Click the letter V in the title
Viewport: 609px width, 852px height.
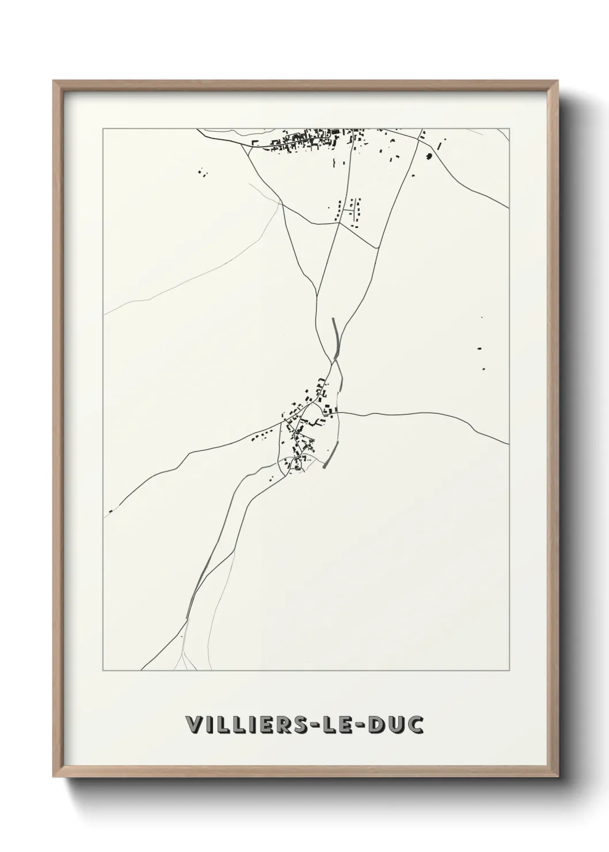[193, 725]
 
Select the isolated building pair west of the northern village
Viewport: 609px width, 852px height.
[202, 172]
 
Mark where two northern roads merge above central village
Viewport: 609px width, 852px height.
[332, 361]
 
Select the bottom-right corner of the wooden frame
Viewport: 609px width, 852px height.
[558, 777]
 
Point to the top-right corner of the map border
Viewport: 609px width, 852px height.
[510, 128]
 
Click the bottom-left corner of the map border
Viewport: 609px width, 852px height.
[103, 670]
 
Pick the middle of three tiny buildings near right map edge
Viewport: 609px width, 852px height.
[478, 348]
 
